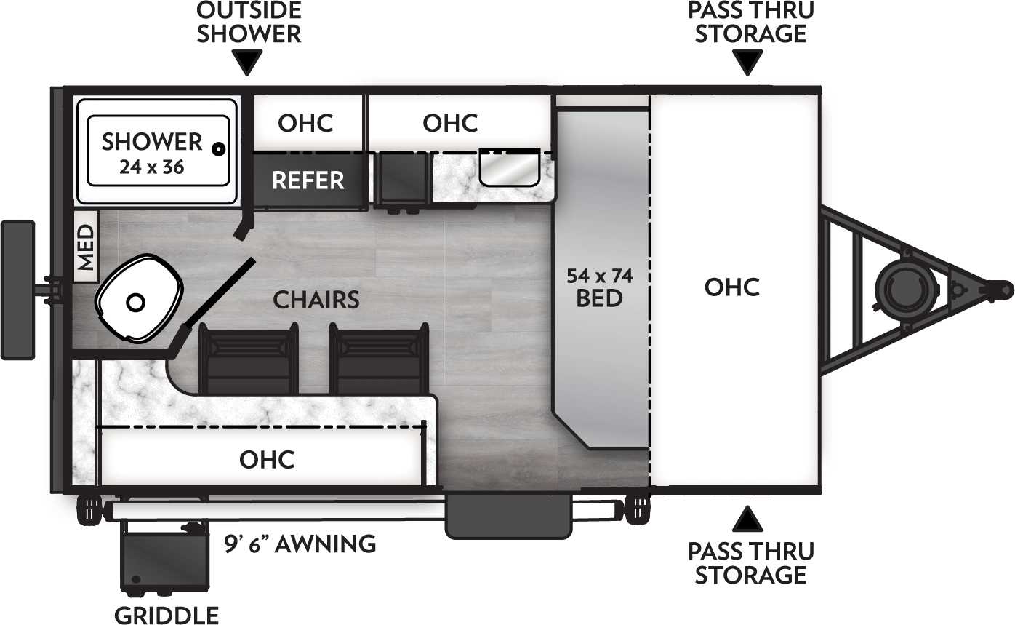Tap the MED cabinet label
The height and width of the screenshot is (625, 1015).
(86, 247)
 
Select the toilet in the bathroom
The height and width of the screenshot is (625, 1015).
(138, 300)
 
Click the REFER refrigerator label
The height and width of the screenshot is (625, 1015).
(308, 180)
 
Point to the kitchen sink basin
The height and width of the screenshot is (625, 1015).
(509, 167)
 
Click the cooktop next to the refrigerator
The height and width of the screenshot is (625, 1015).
(401, 181)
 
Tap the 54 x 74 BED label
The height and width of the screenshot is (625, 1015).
(599, 287)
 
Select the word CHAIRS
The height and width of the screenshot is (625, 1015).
(316, 299)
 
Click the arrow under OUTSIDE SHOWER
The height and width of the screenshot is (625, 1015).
(249, 63)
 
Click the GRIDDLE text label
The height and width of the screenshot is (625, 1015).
(167, 615)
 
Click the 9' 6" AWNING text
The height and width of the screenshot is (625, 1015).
(300, 544)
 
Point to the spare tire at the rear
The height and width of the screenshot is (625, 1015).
(17, 290)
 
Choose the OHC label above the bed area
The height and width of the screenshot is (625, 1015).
(732, 287)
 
